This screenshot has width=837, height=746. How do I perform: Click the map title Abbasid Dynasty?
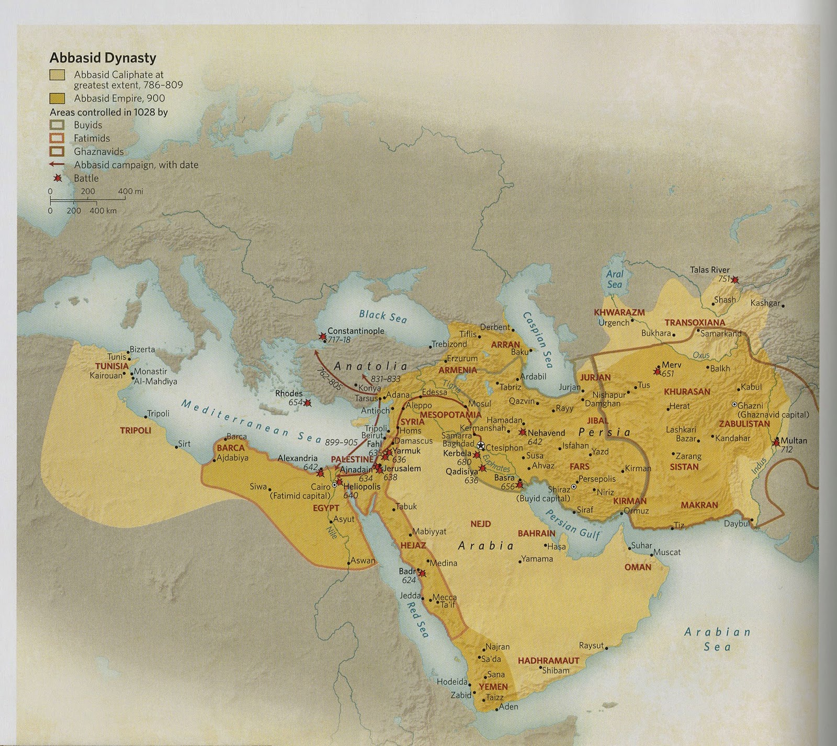click(103, 58)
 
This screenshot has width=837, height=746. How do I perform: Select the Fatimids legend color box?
click(57, 138)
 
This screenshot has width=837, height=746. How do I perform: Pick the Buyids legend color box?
click(57, 125)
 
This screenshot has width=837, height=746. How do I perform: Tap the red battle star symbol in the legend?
click(58, 178)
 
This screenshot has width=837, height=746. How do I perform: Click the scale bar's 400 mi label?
click(130, 192)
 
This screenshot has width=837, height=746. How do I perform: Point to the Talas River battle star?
click(736, 280)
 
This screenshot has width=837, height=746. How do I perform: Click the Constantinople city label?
click(356, 331)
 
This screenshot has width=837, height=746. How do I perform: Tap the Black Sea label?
click(382, 316)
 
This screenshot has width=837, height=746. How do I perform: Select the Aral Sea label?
click(615, 279)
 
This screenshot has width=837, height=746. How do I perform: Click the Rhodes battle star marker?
click(308, 403)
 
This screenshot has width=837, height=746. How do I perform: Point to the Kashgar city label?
click(765, 303)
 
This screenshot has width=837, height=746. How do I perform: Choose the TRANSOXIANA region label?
click(695, 322)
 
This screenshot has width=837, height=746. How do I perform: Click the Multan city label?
click(794, 440)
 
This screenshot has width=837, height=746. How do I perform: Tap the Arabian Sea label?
click(717, 639)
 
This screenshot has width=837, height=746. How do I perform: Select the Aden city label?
click(508, 706)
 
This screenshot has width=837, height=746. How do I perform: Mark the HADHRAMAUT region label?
click(548, 661)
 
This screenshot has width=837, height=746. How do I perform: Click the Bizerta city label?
click(142, 349)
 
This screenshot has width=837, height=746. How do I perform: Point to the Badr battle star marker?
click(422, 574)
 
